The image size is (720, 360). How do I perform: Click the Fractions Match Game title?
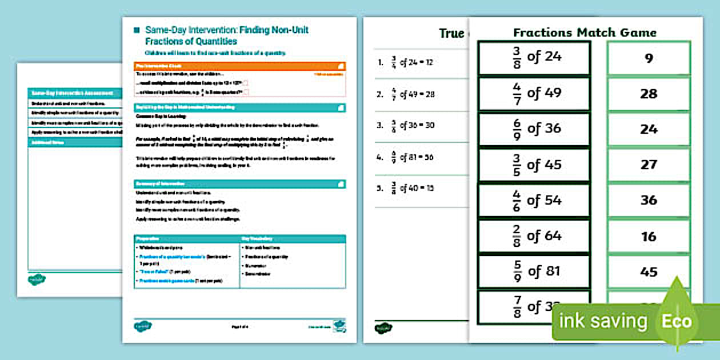coord(585,33)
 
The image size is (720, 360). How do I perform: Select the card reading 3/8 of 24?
coord(534,58)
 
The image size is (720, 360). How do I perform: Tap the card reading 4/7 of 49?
coord(534,93)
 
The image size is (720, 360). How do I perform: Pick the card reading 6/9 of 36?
coord(534,129)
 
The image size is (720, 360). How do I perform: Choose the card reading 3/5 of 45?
coord(534,165)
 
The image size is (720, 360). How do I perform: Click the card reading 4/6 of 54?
coord(534,201)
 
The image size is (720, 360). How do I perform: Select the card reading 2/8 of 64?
coord(534,236)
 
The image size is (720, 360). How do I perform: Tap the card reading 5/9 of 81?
coord(534,271)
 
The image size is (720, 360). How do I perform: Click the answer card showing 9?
coord(649,58)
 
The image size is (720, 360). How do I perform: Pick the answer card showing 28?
coord(649,94)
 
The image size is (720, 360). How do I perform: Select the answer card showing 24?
coord(649,129)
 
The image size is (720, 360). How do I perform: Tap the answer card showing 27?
coord(649,165)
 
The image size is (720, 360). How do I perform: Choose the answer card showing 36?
coord(649,201)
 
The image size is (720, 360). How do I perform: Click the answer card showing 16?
coord(649,237)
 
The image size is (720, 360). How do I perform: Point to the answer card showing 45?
coord(649,272)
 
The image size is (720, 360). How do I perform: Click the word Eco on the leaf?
coord(677,321)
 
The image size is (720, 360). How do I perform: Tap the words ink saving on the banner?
coord(603,321)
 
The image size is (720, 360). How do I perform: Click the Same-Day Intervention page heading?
coord(226,35)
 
